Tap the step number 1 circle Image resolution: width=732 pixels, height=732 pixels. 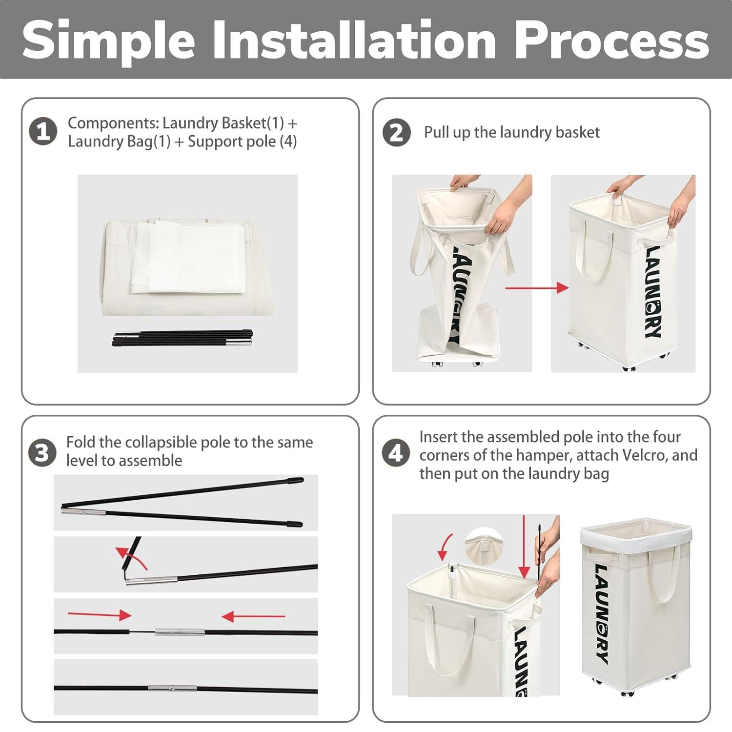[43, 132]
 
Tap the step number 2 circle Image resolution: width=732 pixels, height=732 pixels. [396, 133]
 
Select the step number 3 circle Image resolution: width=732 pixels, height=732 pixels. [42, 452]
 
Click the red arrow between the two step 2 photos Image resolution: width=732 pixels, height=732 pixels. [537, 288]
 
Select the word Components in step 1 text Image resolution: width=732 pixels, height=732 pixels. [113, 123]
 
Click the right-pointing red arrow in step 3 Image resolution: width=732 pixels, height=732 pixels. [100, 614]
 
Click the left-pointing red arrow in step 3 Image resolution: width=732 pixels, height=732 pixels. [253, 617]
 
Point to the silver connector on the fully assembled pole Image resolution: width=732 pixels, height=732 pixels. [173, 689]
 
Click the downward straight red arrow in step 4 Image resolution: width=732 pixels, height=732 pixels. [525, 547]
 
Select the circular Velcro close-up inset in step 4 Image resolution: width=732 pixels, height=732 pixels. [484, 546]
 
